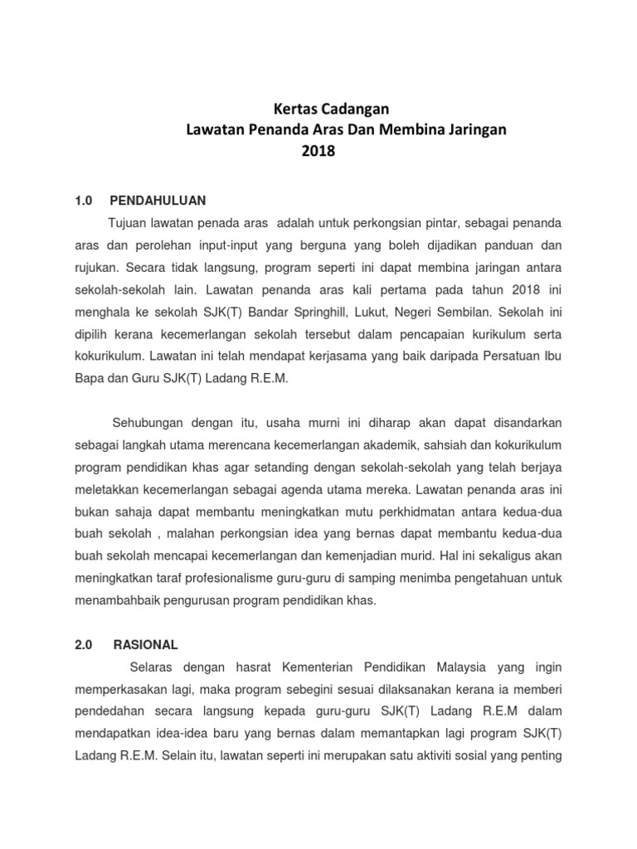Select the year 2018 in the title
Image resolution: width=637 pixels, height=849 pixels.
click(318, 152)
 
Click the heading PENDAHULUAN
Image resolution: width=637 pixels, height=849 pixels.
click(158, 201)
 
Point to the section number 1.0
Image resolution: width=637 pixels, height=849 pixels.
click(82, 201)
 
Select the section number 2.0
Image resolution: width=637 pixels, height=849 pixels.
click(82, 644)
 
